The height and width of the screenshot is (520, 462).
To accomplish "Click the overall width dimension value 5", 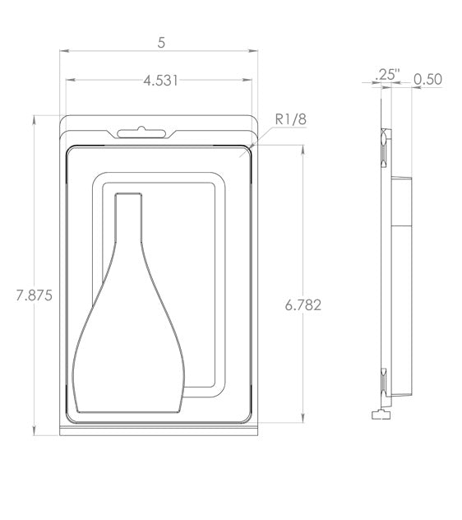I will coord(159,42).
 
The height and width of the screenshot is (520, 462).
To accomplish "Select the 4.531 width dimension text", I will coord(159,80).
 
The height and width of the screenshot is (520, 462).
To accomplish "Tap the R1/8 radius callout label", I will coord(289,120).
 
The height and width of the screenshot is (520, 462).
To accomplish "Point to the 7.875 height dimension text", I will coord(34,295).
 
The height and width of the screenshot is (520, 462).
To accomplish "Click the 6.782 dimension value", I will coord(303,305).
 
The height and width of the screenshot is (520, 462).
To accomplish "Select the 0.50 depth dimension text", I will coord(427,79).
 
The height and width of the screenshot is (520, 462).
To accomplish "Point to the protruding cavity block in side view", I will coord(404,201).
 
